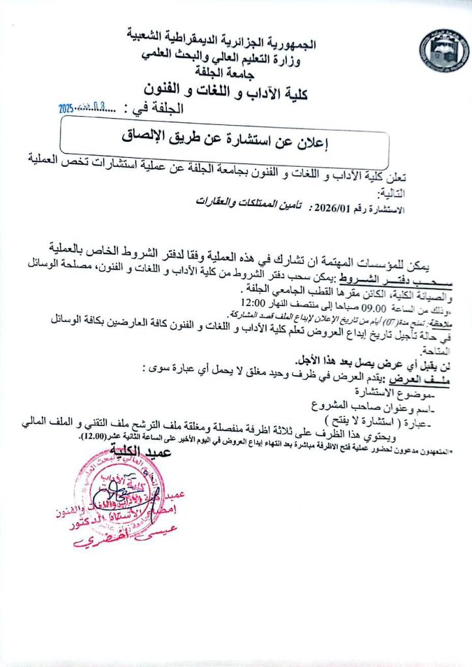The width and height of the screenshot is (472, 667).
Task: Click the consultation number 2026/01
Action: (332, 208)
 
